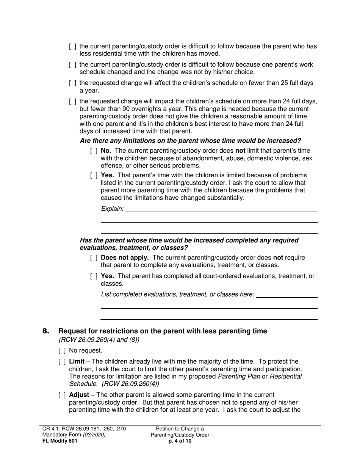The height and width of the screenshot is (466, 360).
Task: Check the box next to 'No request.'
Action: click(x=63, y=351)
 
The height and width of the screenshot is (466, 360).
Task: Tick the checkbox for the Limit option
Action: click(x=63, y=361)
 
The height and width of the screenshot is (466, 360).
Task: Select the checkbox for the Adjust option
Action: click(x=63, y=395)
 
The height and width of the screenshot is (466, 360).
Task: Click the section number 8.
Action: click(x=46, y=332)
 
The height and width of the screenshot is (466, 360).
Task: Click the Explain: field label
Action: click(x=112, y=209)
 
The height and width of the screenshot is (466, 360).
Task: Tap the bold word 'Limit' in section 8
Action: click(x=77, y=361)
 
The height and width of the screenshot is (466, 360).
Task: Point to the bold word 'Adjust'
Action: click(x=79, y=395)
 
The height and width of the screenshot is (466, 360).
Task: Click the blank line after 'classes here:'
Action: click(x=286, y=296)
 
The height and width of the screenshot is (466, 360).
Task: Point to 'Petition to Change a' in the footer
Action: click(x=180, y=429)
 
